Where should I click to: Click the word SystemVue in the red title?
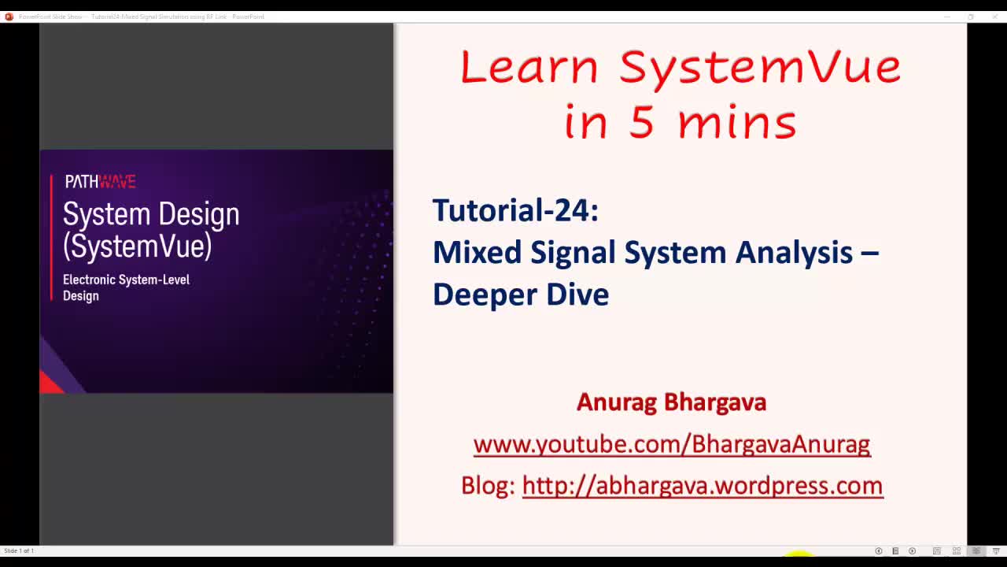pyautogui.click(x=760, y=68)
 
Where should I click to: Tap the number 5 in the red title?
pyautogui.click(x=641, y=123)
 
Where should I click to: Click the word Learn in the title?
pyautogui.click(x=529, y=68)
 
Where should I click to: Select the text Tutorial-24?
pyautogui.click(x=515, y=210)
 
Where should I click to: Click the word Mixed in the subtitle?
pyautogui.click(x=477, y=253)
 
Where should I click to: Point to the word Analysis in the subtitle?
pyautogui.click(x=794, y=253)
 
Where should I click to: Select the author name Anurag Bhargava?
pyautogui.click(x=671, y=402)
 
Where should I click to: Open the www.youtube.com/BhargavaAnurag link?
pyautogui.click(x=671, y=444)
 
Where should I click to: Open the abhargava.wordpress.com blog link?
pyautogui.click(x=702, y=485)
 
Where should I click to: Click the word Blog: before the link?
pyautogui.click(x=488, y=485)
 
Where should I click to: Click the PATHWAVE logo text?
pyautogui.click(x=100, y=182)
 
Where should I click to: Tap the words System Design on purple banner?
pyautogui.click(x=151, y=214)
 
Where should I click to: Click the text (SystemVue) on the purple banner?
pyautogui.click(x=137, y=246)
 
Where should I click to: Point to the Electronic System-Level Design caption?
pyautogui.click(x=126, y=287)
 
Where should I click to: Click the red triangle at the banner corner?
pyautogui.click(x=50, y=384)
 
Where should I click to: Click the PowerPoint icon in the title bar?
pyautogui.click(x=9, y=17)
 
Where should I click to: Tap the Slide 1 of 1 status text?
pyautogui.click(x=19, y=550)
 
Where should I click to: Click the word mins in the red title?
pyautogui.click(x=736, y=123)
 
